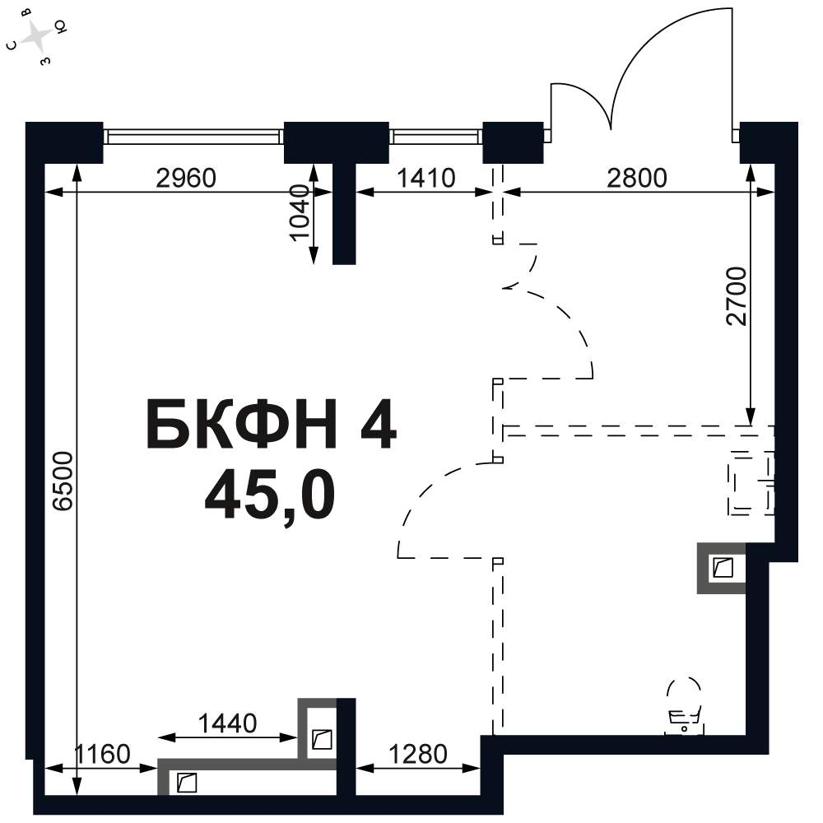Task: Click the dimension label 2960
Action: [186, 179]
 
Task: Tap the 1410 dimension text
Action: [425, 179]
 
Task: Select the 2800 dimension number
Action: [637, 179]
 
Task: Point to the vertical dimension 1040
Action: [300, 212]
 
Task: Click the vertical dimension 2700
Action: [736, 296]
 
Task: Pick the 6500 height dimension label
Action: [63, 481]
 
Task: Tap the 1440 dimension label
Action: [227, 723]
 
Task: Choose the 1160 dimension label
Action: [101, 754]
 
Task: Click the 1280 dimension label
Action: [418, 754]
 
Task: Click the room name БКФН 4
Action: [272, 424]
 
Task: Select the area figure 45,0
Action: [270, 495]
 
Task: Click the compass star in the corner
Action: [37, 36]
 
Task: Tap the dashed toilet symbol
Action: [685, 706]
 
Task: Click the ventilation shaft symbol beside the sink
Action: [723, 568]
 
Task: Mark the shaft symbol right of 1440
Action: [322, 740]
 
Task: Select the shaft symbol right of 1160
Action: [187, 783]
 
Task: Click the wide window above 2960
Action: [193, 137]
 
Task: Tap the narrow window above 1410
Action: [435, 137]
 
